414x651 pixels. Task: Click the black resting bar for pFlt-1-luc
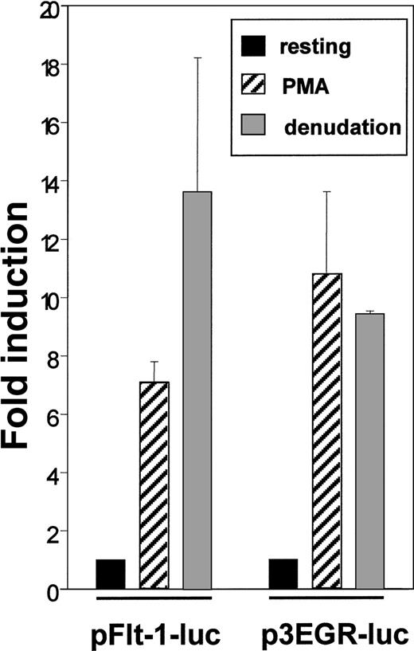click(x=111, y=574)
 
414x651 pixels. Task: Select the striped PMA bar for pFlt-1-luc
click(x=154, y=486)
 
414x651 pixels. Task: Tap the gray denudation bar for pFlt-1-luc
click(x=197, y=390)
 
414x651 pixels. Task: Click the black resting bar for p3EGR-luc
click(x=283, y=574)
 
